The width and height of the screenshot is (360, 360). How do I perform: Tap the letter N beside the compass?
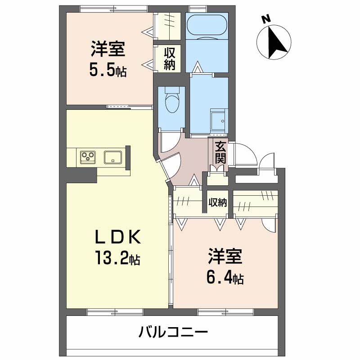266,19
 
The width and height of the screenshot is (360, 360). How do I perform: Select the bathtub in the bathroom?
207,26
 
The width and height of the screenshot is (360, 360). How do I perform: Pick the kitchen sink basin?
113,157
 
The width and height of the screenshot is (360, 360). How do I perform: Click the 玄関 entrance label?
220,153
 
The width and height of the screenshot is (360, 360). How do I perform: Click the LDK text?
119,236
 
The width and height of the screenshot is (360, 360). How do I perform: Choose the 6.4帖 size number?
225,279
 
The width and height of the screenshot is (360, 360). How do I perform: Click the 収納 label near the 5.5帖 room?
170,58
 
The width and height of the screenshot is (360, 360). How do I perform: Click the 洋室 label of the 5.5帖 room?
108,49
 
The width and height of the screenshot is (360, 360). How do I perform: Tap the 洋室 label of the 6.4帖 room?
225,256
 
